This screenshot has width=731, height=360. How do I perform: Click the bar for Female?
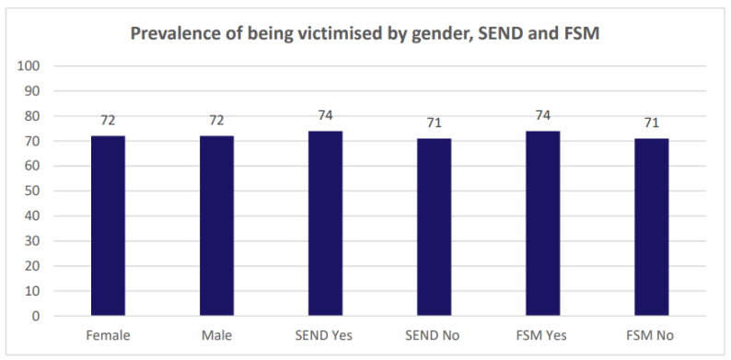coord(108,226)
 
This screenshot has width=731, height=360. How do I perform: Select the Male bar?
coord(216,226)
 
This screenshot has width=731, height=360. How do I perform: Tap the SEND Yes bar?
coord(325,224)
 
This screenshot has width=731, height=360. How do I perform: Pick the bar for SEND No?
coord(434,227)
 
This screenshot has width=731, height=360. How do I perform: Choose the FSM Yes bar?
coord(542,224)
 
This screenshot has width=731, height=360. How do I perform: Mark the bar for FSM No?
coord(651,227)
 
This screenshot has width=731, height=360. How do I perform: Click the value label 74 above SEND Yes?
coord(325,115)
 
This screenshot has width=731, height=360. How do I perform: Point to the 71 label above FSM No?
coord(651,122)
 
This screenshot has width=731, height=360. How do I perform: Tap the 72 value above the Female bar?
coord(108,121)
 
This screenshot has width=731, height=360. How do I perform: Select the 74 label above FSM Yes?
coord(542,115)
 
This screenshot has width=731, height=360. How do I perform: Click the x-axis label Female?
coord(108,335)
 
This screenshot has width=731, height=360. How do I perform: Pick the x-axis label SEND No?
coord(433,335)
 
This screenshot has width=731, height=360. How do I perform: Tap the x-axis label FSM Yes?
coord(541,335)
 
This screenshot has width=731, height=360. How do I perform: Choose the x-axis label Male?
coord(216,335)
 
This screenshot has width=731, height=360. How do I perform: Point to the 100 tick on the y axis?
coord(28,65)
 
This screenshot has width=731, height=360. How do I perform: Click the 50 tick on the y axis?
coord(32,191)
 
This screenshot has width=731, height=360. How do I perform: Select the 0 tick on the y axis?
coord(36,316)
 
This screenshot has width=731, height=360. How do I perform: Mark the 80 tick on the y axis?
coord(32,116)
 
